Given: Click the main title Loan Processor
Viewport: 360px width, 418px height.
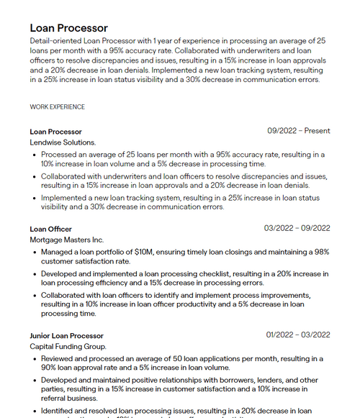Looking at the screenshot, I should point(69,28).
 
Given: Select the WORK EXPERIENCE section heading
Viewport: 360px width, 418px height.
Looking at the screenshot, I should point(57,107).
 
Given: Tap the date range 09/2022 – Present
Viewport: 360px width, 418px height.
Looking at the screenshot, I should point(298,131).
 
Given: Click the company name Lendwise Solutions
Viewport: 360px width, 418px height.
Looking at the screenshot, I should point(63,142).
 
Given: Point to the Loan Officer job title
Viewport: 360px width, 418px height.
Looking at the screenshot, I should point(50,229).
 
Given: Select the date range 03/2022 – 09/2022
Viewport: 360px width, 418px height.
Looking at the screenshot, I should point(297,229).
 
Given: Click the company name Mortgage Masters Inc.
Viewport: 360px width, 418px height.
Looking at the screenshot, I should point(67,240).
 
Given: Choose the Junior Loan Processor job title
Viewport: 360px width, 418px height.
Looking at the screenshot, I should point(67,336).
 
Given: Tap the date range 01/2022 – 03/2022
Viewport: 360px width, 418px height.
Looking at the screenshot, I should point(298,336).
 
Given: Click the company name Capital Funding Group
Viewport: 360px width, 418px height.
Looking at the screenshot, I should point(68,347).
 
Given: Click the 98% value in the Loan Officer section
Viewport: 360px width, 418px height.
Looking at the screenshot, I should point(321,253).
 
